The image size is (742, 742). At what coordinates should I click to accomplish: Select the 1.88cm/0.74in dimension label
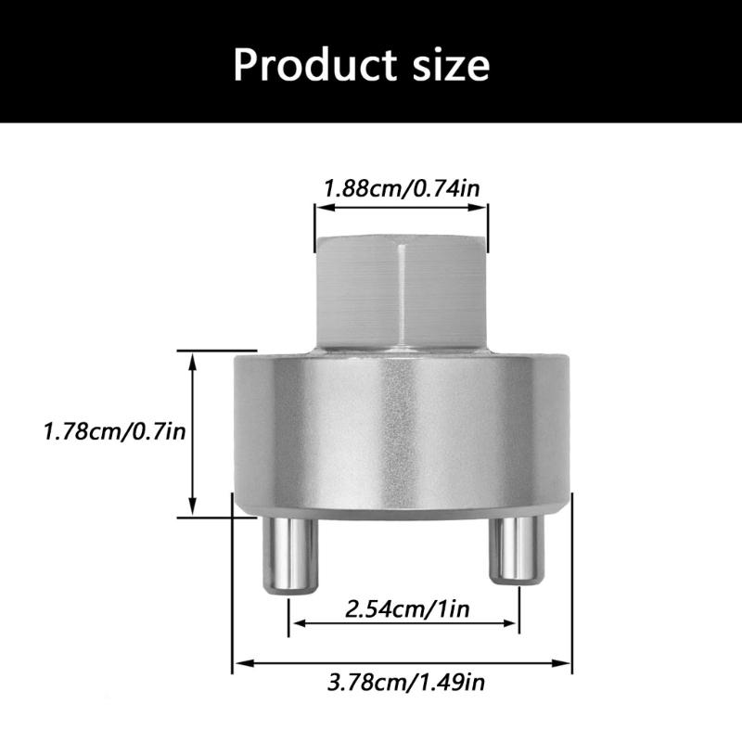tap(401, 189)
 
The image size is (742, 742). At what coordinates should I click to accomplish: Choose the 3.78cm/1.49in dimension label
tap(405, 684)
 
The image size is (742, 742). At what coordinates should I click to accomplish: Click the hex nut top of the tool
tap(401, 291)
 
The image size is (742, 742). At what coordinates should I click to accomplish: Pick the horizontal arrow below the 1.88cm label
tap(401, 210)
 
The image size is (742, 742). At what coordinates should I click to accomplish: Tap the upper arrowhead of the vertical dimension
tap(192, 358)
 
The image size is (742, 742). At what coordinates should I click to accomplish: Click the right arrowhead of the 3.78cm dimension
tap(567, 661)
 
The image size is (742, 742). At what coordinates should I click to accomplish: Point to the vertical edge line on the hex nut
tap(400, 292)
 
